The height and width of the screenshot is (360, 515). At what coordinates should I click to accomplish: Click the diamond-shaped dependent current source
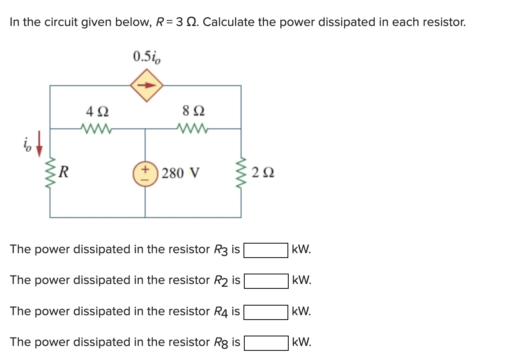click(x=147, y=85)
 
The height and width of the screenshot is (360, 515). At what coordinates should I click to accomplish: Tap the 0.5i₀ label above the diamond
click(x=147, y=57)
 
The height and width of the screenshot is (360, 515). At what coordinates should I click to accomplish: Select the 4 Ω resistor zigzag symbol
click(x=96, y=129)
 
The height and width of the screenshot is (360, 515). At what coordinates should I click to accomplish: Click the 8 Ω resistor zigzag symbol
click(x=191, y=129)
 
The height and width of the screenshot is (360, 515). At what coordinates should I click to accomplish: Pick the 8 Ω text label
click(x=192, y=110)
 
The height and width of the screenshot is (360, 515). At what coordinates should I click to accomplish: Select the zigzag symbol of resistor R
click(x=50, y=173)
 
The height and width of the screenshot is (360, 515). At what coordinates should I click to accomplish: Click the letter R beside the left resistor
click(x=64, y=173)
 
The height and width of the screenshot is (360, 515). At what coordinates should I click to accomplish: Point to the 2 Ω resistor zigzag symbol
click(x=241, y=173)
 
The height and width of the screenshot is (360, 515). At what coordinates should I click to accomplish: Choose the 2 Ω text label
click(x=263, y=174)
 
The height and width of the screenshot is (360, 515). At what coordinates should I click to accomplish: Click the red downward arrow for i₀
click(x=39, y=148)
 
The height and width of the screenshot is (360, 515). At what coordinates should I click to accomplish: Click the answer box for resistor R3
click(x=266, y=250)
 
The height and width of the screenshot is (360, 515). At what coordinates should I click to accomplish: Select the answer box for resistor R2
click(x=266, y=281)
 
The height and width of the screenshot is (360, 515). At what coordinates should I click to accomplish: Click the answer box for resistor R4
click(x=266, y=312)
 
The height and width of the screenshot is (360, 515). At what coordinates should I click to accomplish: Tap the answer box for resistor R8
click(x=266, y=343)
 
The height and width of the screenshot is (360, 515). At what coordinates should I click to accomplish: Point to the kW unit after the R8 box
click(x=301, y=342)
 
